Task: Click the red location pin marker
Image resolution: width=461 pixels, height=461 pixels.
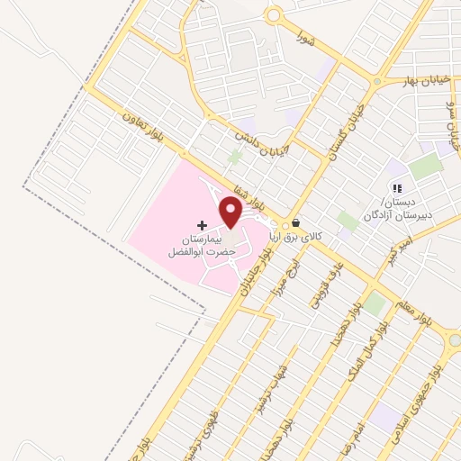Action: [230, 212]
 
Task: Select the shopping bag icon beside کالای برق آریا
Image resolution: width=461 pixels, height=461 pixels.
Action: [296, 223]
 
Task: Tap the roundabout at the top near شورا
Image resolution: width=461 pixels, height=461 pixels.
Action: [274, 15]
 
